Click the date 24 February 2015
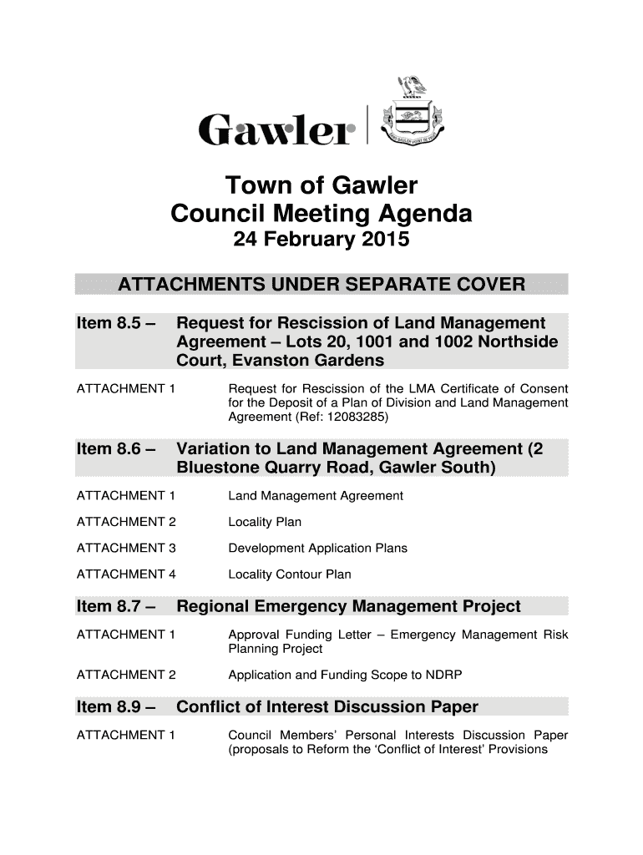tap(321, 241)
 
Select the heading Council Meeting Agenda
tap(321, 215)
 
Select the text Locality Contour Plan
tap(290, 574)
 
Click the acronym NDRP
tap(446, 675)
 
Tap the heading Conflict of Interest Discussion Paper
tap(327, 708)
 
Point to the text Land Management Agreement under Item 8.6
tap(316, 496)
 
